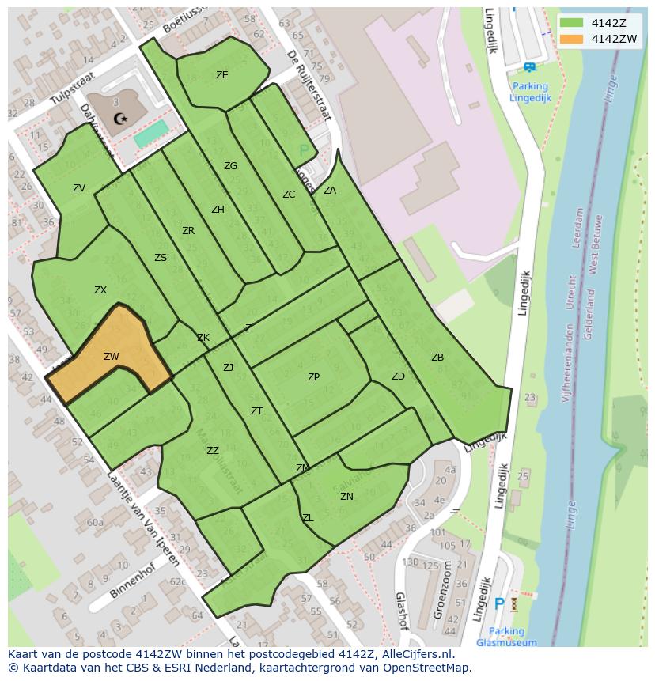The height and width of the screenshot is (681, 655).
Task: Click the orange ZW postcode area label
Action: pos(111,357)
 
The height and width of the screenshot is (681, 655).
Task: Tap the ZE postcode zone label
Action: pos(221,75)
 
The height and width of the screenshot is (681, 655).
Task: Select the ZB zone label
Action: pos(437,358)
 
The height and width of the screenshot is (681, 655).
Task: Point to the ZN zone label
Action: pos(346,497)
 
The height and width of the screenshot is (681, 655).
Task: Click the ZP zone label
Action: pos(313,377)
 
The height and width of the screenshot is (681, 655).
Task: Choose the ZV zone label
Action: pos(79,188)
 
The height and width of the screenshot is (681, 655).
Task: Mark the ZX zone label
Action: pos(100,290)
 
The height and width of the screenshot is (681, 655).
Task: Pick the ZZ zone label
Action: pos(212,451)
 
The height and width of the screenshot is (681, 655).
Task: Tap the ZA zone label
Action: pos(330,190)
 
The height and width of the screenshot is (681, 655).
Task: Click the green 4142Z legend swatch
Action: pos(571,22)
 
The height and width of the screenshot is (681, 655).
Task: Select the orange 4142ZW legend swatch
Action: pos(571,39)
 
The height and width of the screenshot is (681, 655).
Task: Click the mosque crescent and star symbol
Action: pos(119,119)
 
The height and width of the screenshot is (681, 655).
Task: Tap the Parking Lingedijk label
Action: pos(529,92)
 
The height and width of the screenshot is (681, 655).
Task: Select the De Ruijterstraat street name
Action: pos(308,85)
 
